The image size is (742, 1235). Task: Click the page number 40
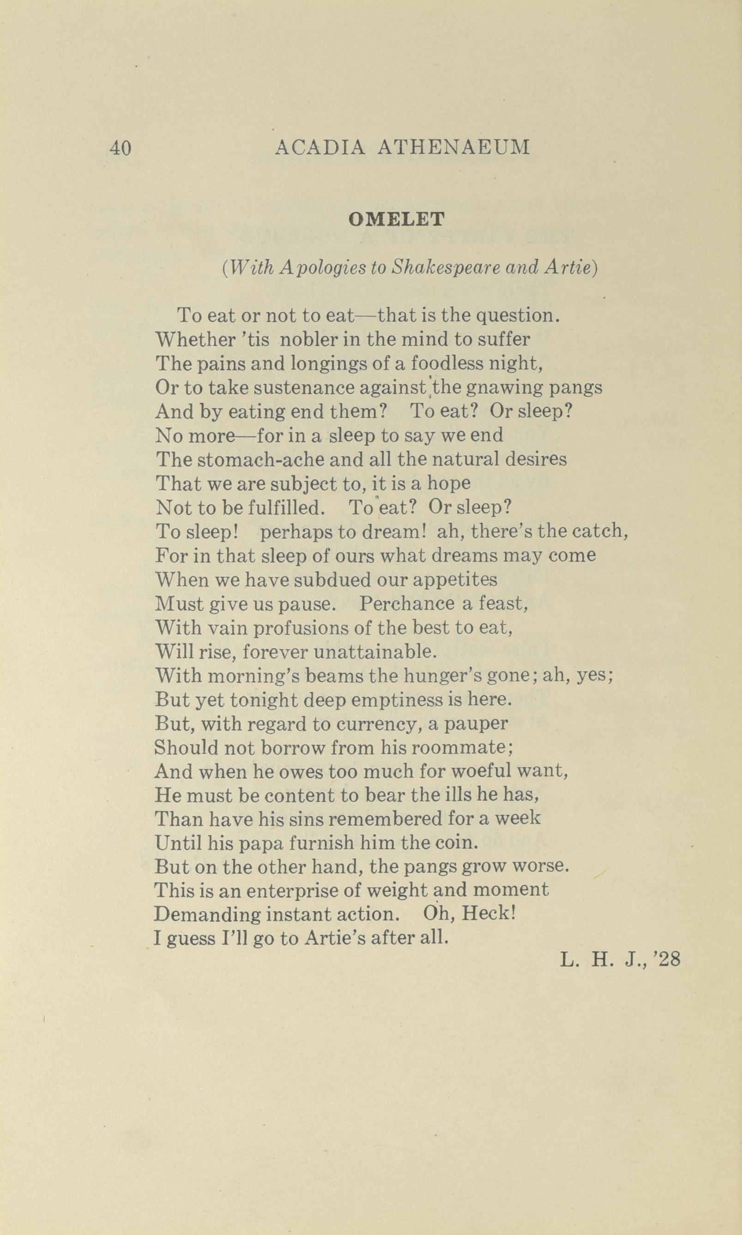(x=121, y=148)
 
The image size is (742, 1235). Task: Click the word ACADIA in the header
(x=320, y=147)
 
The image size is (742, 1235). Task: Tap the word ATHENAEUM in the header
(x=453, y=147)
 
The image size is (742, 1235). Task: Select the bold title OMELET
(x=396, y=219)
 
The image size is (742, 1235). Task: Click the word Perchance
(x=406, y=604)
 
